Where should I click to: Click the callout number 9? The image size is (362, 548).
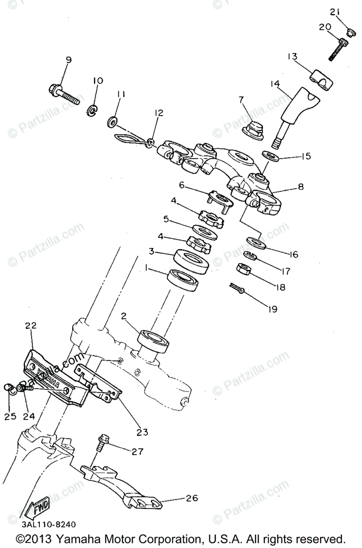(68, 60)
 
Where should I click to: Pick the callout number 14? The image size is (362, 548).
(274, 84)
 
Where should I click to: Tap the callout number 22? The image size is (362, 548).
(31, 326)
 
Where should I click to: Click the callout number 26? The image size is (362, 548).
(192, 498)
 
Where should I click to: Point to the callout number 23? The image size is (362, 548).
(142, 431)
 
